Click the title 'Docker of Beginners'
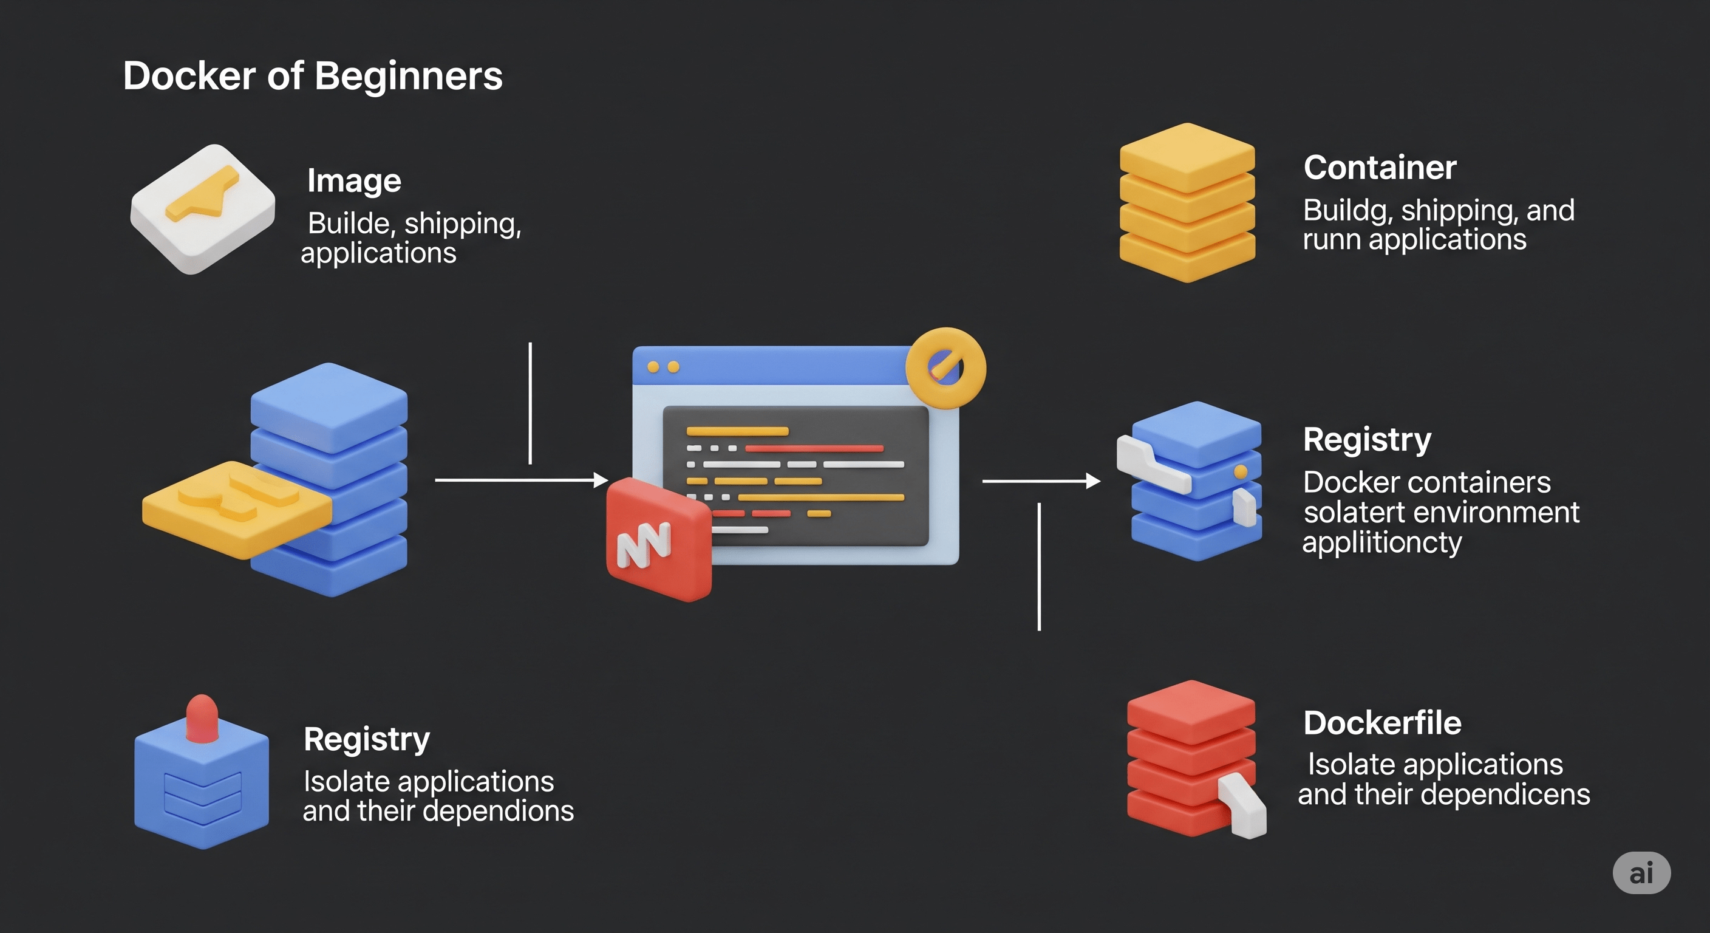[x=313, y=76]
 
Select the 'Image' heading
[x=354, y=180]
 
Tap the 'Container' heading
[x=1380, y=167]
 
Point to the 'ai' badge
[x=1641, y=873]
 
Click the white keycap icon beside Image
[x=202, y=208]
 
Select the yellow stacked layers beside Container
[x=1187, y=202]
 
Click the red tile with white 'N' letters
[x=657, y=539]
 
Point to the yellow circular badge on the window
[x=945, y=367]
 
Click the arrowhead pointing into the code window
[x=601, y=479]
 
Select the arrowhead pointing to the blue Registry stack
[x=1092, y=481]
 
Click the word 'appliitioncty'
[x=1382, y=542]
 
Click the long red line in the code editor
[x=814, y=448]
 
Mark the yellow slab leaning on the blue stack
[x=236, y=508]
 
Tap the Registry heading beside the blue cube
[x=366, y=739]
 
